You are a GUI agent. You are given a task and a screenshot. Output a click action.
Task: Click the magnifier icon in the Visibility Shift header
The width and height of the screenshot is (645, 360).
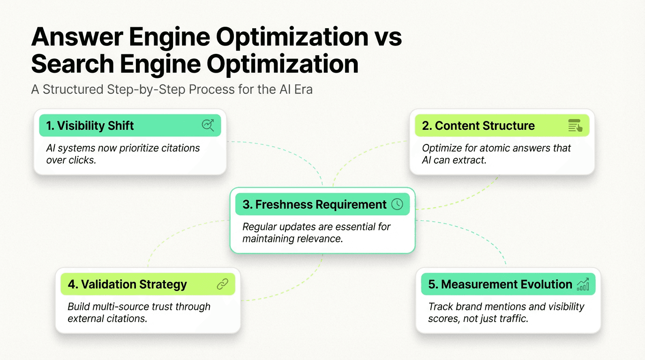pos(208,125)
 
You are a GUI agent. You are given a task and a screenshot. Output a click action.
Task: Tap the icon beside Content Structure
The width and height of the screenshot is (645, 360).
pos(575,126)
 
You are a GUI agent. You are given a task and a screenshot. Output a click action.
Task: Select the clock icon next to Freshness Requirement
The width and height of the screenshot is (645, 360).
pos(397,204)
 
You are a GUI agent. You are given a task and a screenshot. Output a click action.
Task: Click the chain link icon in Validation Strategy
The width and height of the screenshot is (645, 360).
pos(222,284)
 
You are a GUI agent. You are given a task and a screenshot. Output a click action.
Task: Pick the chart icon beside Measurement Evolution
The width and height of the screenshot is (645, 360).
pos(583,284)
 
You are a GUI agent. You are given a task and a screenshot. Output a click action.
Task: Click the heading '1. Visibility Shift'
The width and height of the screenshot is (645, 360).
pos(90,126)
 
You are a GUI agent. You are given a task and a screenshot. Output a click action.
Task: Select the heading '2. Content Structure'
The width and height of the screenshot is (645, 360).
pos(478,126)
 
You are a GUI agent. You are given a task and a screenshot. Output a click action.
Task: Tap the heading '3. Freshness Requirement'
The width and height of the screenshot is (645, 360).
pos(315,204)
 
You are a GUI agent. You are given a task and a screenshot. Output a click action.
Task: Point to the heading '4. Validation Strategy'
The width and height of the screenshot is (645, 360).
pos(127,284)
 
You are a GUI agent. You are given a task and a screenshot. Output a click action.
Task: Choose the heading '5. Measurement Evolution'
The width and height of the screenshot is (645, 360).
pos(500,284)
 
